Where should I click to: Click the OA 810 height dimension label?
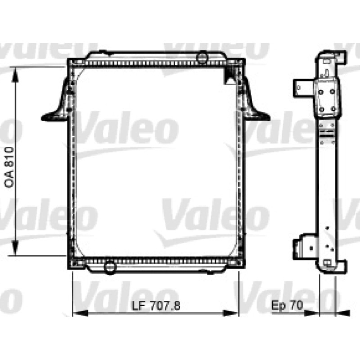(9, 167)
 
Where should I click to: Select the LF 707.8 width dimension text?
(156, 306)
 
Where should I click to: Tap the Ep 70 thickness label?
(287, 305)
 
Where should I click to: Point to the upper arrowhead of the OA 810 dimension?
(15, 75)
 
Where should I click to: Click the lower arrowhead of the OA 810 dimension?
(15, 248)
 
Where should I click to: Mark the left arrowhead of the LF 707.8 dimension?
(81, 313)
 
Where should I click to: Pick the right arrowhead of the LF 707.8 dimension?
(231, 313)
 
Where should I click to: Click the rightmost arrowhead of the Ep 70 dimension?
(342, 313)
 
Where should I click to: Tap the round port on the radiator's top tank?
(202, 57)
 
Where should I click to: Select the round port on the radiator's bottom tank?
(109, 268)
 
